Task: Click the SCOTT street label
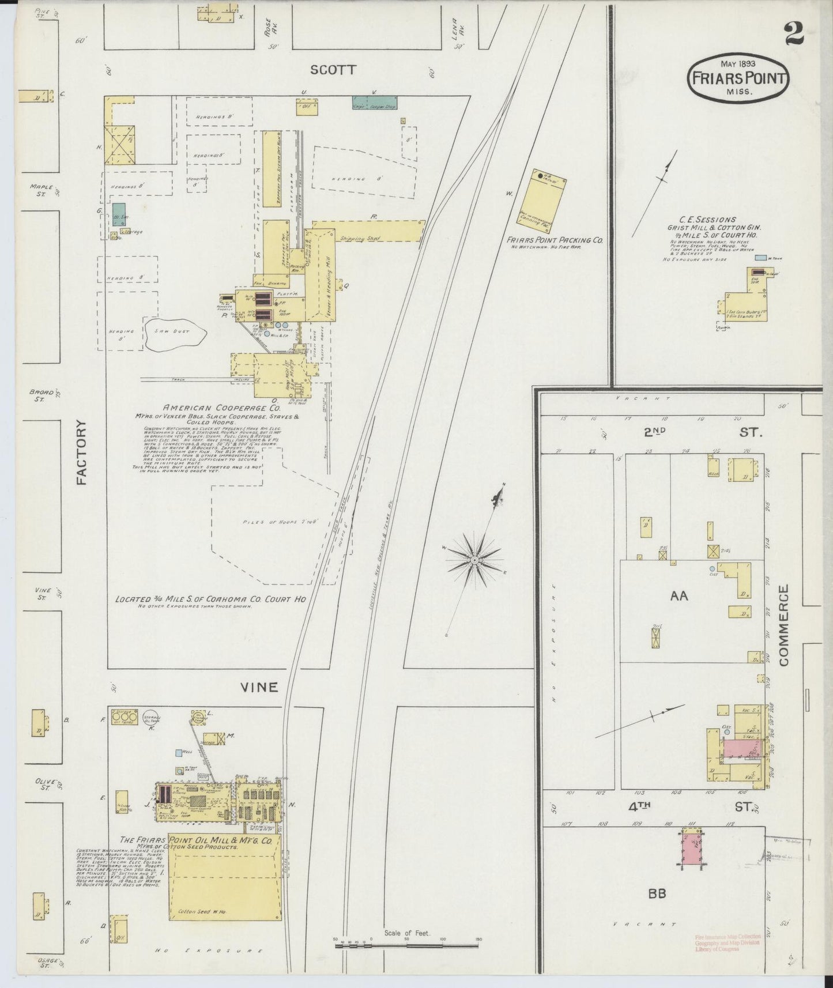(333, 70)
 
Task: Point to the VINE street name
(259, 687)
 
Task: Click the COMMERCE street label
(783, 625)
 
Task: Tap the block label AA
(679, 596)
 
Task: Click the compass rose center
(474, 560)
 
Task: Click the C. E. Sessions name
(707, 220)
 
